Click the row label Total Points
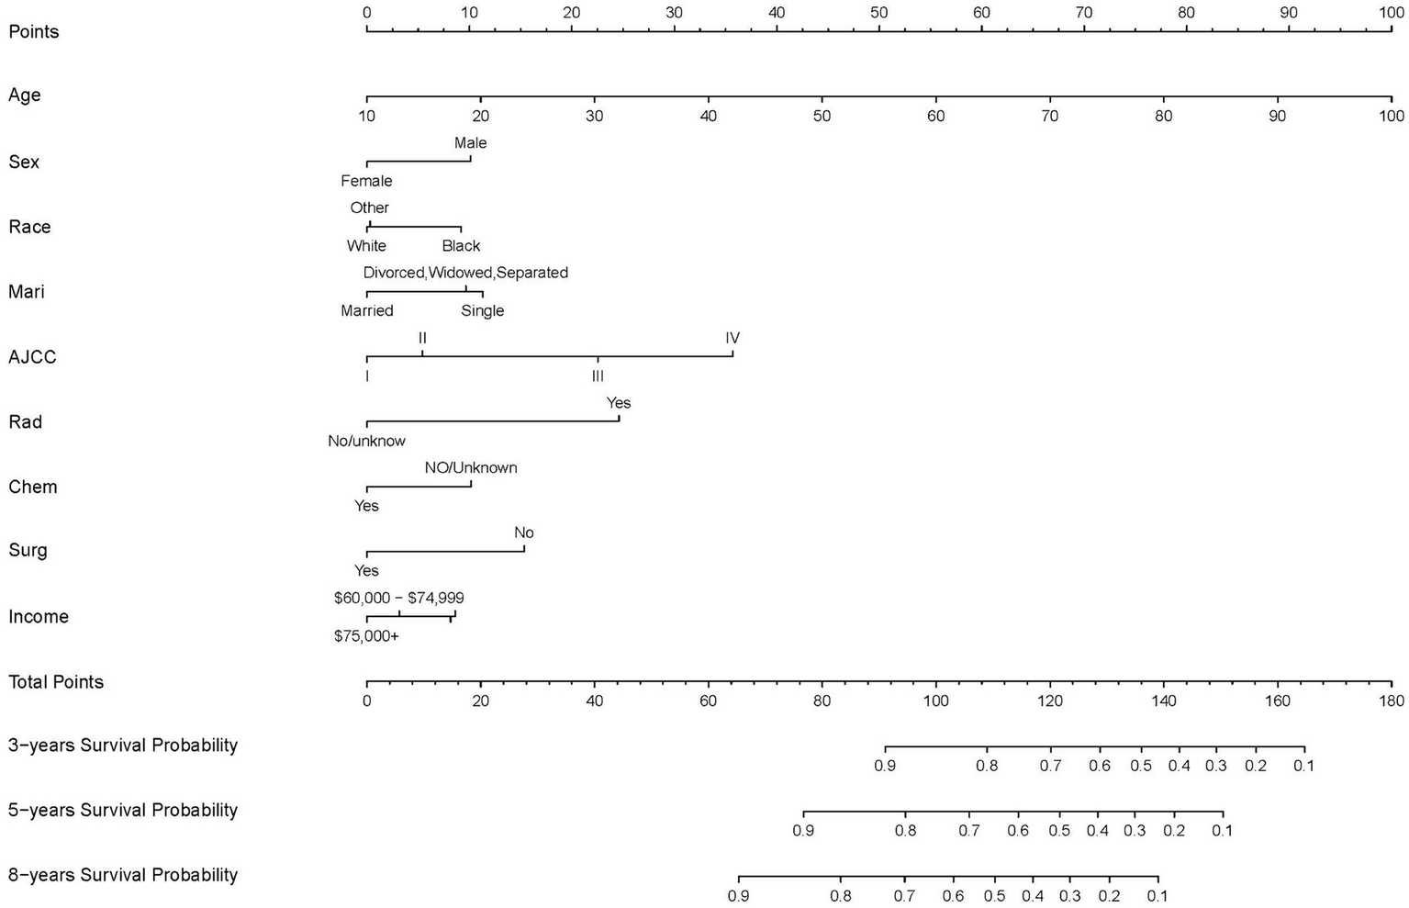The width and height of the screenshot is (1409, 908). [56, 682]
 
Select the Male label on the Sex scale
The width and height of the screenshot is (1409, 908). [470, 143]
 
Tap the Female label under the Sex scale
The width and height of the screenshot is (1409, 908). [366, 181]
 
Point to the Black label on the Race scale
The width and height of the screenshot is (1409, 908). [461, 246]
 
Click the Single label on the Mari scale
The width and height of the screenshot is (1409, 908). [483, 311]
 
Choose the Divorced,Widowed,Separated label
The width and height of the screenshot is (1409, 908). [465, 273]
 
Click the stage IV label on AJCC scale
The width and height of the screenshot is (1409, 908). [732, 338]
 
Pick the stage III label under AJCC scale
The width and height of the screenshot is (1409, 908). [598, 376]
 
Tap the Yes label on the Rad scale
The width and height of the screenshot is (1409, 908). [619, 403]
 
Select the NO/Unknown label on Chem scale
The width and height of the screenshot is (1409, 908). [471, 468]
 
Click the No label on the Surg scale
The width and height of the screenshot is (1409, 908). [524, 533]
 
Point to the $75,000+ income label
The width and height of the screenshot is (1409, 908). [366, 635]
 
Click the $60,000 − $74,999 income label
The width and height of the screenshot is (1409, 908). [399, 599]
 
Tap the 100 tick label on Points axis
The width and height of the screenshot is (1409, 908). [1392, 13]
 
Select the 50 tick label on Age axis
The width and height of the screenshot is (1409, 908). [822, 117]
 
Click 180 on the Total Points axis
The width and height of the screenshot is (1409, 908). [1392, 701]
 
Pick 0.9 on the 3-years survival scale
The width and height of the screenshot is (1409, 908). [885, 766]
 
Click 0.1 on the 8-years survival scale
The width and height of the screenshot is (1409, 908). [1157, 896]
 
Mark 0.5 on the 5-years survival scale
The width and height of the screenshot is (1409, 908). [1059, 831]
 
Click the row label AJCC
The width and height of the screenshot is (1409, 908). [32, 357]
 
